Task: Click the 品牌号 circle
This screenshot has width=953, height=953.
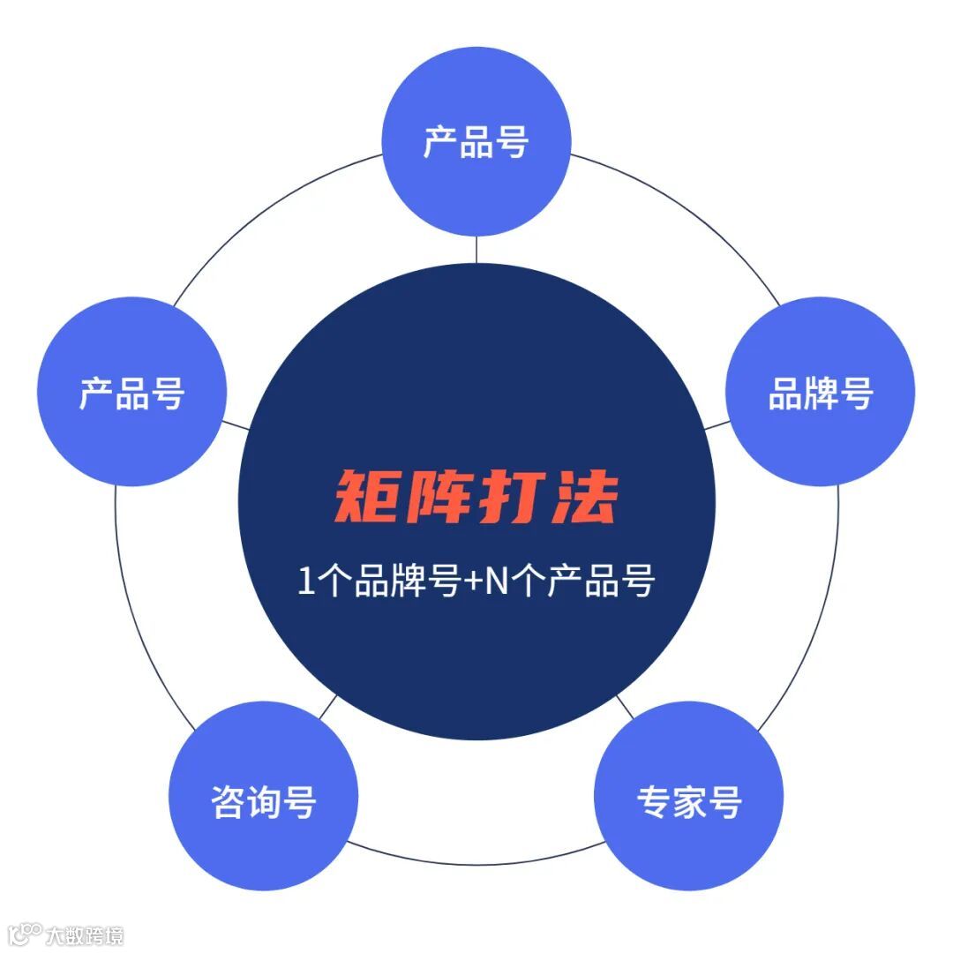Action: pyautogui.click(x=820, y=392)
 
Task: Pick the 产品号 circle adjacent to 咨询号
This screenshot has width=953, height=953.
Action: pyautogui.click(x=132, y=392)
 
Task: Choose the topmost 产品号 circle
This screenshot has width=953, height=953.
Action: pyautogui.click(x=476, y=141)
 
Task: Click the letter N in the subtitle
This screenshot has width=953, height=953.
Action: pyautogui.click(x=497, y=583)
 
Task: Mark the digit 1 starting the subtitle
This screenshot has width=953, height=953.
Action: pyautogui.click(x=305, y=583)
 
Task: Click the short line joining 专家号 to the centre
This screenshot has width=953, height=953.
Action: pyautogui.click(x=625, y=706)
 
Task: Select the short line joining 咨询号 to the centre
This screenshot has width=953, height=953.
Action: pyautogui.click(x=327, y=706)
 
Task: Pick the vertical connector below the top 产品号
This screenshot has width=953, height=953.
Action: pyautogui.click(x=476, y=250)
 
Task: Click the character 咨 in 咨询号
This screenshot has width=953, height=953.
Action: pyautogui.click(x=228, y=801)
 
